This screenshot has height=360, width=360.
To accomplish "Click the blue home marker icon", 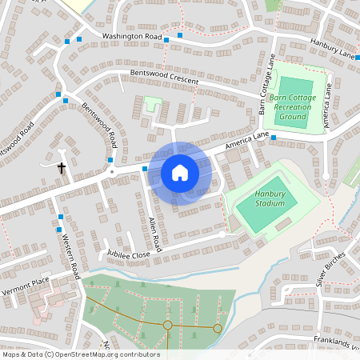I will (x=180, y=173).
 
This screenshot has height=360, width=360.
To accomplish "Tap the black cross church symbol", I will (x=62, y=168).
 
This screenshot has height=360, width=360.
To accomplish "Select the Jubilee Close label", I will (x=129, y=254).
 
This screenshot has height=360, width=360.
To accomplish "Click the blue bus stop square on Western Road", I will (x=61, y=217).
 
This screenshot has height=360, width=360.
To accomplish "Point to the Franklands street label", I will (x=336, y=342).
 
